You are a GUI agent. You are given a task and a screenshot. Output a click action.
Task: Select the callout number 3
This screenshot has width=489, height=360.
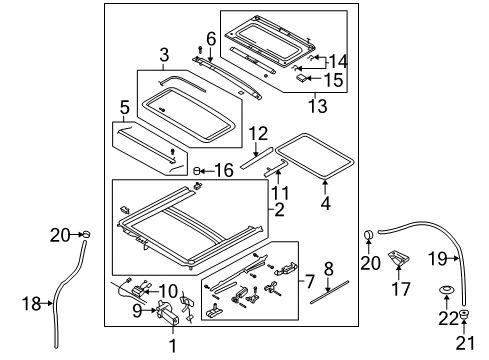(164, 53)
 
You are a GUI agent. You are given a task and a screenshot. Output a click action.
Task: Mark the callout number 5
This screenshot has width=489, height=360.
(123, 107)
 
